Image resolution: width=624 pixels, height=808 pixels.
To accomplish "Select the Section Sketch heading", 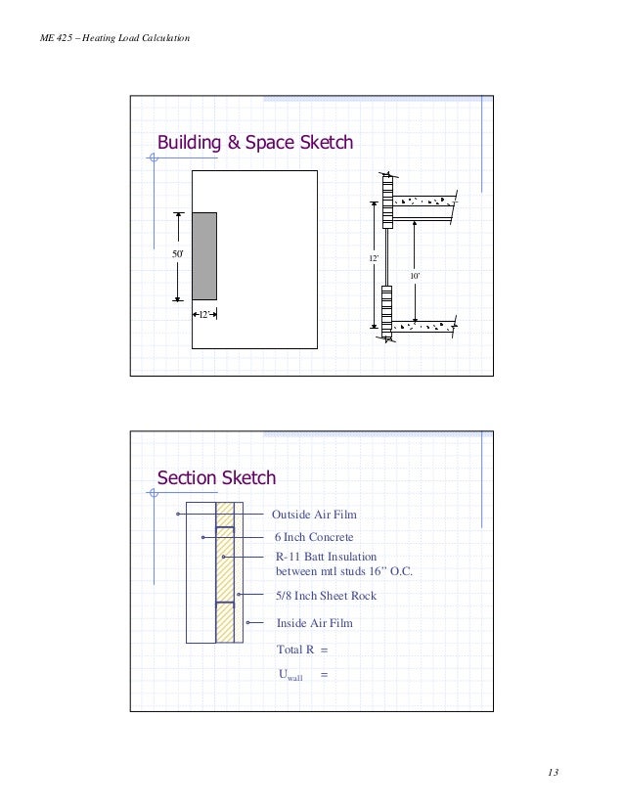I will (x=216, y=478).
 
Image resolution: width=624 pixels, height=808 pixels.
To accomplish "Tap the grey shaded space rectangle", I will (x=204, y=255).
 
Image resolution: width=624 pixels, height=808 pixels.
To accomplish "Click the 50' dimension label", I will (x=178, y=254).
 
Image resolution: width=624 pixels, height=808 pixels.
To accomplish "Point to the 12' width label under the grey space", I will (x=204, y=314).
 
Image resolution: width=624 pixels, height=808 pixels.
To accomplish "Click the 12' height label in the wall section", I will (x=373, y=257).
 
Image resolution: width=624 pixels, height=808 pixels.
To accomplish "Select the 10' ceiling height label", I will (x=414, y=278).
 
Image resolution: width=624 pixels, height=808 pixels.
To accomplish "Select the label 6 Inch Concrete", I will (x=313, y=537).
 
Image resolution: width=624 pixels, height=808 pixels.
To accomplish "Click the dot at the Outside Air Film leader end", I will (x=177, y=514).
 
